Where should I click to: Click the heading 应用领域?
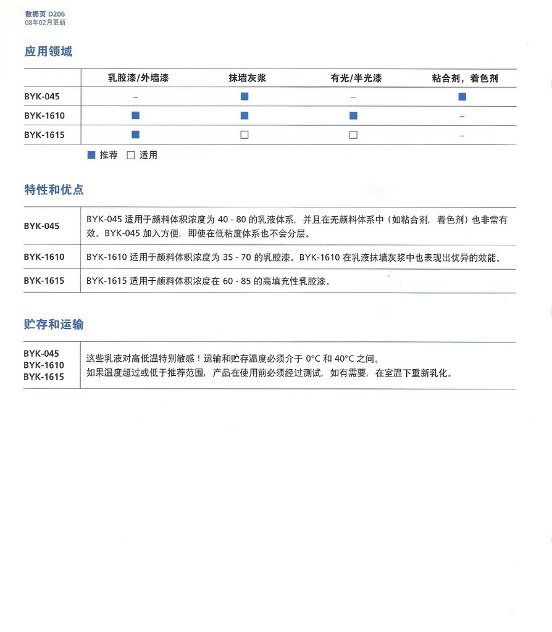tap(48, 51)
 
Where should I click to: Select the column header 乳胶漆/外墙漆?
tap(138, 78)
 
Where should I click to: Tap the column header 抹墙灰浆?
tap(247, 78)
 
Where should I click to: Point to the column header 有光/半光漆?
tap(356, 78)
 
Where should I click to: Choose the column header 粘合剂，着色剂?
tap(465, 78)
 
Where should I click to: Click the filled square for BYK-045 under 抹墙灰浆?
tap(245, 96)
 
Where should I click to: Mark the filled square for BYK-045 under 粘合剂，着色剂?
tap(462, 96)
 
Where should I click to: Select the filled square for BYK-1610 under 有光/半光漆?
tap(353, 115)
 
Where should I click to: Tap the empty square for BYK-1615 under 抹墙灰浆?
tap(245, 135)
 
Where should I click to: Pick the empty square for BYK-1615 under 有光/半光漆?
tap(353, 135)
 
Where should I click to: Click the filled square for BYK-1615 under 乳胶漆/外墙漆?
tap(136, 135)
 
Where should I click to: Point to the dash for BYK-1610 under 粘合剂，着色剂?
tap(462, 116)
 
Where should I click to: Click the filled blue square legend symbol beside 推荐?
tap(91, 156)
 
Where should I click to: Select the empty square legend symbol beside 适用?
tap(131, 156)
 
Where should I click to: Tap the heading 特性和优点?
tap(54, 189)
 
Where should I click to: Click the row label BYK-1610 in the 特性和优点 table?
tap(44, 257)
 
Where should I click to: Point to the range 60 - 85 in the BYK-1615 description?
tap(238, 281)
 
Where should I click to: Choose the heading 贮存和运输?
tap(54, 325)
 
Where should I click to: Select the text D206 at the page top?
tap(56, 14)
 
